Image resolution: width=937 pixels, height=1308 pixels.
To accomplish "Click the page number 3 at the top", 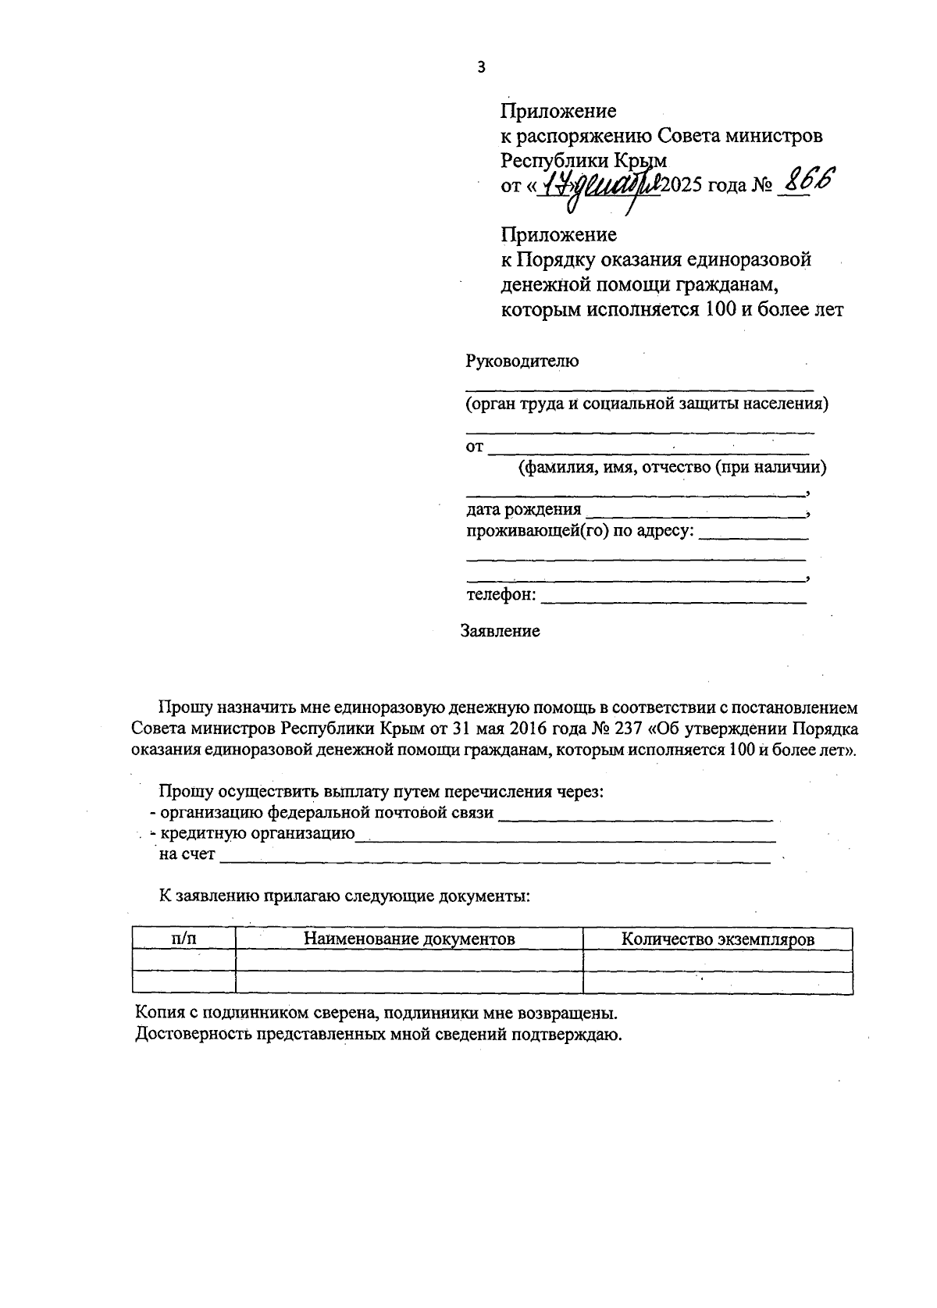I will point(481,68).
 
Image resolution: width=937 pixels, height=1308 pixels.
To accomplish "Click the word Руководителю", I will point(522,362).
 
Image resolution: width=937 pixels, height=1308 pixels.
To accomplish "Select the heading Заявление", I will point(500,631).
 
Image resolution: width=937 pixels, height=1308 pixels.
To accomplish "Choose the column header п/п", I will point(183,939).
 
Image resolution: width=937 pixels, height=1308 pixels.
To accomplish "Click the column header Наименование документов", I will point(409,939).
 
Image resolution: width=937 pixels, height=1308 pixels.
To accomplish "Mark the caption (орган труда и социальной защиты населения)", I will point(647,405).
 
